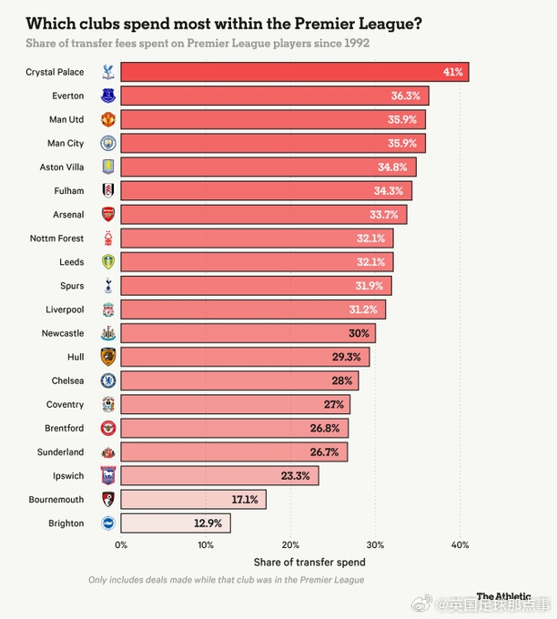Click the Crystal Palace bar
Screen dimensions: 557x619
(295, 72)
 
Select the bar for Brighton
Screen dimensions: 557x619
(176, 523)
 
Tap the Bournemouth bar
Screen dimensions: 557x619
(194, 500)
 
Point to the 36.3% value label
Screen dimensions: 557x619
(405, 96)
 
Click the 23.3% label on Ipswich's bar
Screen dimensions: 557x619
(295, 476)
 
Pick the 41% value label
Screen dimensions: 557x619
(452, 72)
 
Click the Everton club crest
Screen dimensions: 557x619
(108, 96)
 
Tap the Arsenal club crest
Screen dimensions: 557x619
(108, 214)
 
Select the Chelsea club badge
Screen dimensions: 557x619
(108, 381)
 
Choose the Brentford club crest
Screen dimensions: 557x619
(108, 428)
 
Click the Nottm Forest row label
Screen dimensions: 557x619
(56, 238)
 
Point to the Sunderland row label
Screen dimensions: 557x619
(60, 452)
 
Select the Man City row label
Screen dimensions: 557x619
(66, 143)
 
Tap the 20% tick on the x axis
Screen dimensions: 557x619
(290, 545)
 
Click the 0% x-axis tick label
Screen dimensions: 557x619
(121, 545)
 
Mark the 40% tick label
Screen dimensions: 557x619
(460, 545)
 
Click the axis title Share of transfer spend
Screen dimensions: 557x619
(309, 563)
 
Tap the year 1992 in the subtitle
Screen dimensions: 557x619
(357, 43)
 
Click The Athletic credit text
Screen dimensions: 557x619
(503, 596)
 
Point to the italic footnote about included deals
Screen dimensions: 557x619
(227, 580)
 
